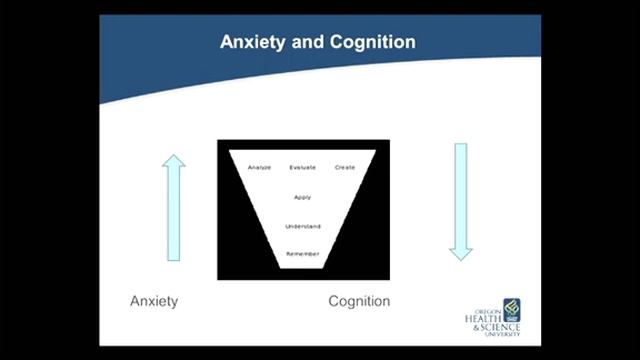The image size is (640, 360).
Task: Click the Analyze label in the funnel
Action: (259, 167)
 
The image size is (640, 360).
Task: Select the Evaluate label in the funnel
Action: (303, 167)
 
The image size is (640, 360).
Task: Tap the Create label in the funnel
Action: (345, 167)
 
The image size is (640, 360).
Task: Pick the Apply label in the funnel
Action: (303, 197)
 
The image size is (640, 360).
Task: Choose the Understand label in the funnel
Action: (303, 226)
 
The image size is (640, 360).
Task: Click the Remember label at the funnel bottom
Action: (303, 254)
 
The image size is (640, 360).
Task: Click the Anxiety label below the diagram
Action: (154, 301)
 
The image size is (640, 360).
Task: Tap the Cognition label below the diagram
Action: (359, 301)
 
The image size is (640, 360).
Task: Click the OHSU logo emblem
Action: (512, 306)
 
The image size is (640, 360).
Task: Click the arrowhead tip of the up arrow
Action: (174, 156)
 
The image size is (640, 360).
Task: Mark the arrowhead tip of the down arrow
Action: (460, 259)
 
